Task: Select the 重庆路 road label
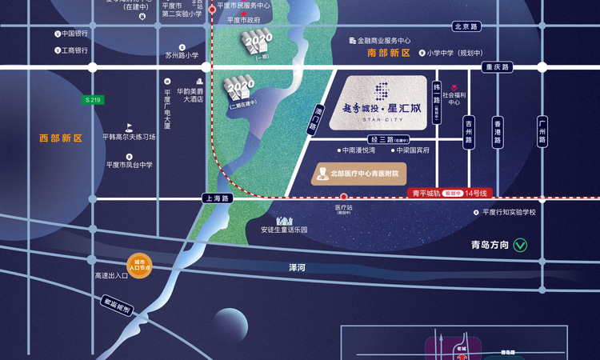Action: (x=497, y=67)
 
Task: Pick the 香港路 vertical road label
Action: (x=497, y=130)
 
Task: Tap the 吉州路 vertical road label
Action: (x=468, y=130)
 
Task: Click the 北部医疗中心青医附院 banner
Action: (x=358, y=173)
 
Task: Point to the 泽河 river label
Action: (x=298, y=267)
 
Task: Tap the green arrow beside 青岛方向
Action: (x=520, y=245)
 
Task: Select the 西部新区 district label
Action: (x=61, y=138)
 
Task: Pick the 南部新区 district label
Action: (x=388, y=53)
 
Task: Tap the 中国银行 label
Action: (x=74, y=34)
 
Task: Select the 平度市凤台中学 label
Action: (x=129, y=165)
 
